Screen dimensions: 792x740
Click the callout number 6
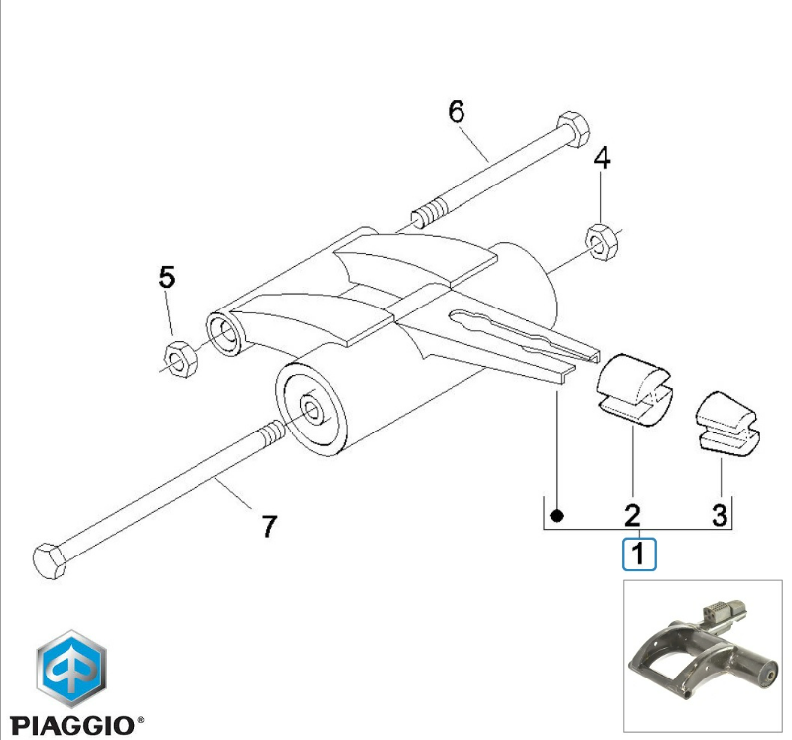click(457, 111)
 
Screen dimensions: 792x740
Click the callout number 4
click(601, 158)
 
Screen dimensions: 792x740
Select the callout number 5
click(167, 277)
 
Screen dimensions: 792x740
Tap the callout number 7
click(269, 526)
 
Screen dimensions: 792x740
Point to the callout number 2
click(633, 516)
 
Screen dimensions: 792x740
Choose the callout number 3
click(720, 516)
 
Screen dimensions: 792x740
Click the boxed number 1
click(639, 554)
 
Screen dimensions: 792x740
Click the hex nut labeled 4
click(601, 242)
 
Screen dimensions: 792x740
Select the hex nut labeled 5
click(181, 360)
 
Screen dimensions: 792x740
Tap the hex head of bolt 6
click(573, 129)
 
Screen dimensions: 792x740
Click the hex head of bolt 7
click(49, 561)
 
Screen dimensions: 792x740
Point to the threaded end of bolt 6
click(430, 214)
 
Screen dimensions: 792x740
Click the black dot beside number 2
click(557, 516)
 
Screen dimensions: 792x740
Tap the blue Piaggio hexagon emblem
click(71, 669)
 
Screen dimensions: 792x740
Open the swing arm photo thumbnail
click(703, 656)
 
